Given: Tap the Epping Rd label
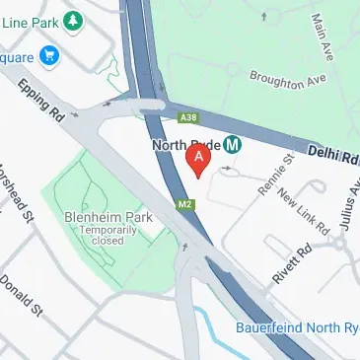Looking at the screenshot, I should tap(40, 101).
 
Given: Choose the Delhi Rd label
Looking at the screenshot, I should tap(326, 155).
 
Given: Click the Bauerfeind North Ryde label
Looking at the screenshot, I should tap(297, 326).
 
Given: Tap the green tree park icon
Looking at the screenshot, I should tap(73, 20).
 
